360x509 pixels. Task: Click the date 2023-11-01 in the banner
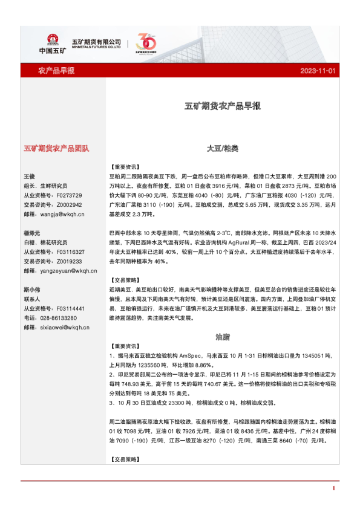(x=318, y=71)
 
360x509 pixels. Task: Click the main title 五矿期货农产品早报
(x=223, y=106)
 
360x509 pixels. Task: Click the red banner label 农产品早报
(x=56, y=71)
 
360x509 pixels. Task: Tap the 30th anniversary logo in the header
(x=147, y=43)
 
